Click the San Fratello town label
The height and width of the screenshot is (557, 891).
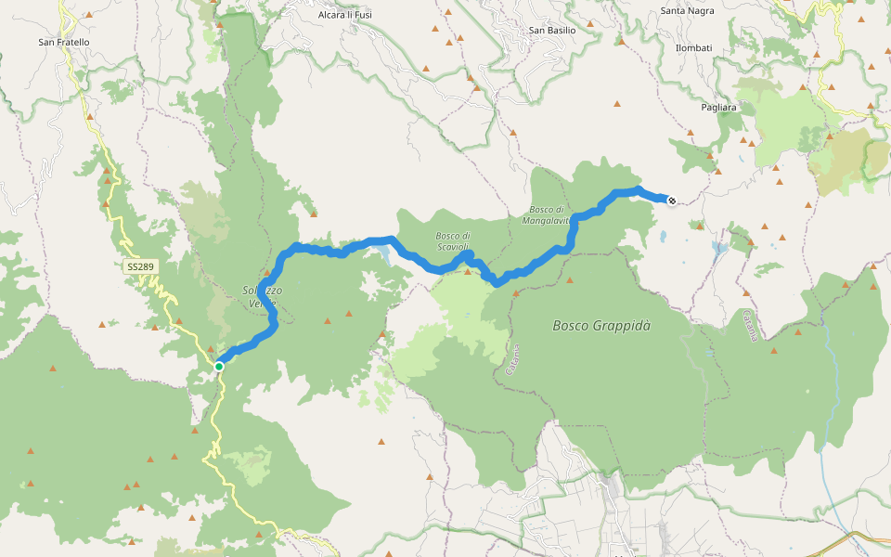tap(64, 42)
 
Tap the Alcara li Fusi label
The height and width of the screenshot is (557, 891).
tap(344, 15)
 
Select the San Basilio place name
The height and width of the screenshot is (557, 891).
tap(552, 30)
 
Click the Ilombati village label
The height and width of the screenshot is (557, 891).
tap(693, 47)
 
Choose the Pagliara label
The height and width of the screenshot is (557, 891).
tap(718, 108)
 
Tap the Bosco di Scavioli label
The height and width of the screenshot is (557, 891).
tap(454, 240)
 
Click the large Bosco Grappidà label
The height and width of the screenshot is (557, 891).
tap(601, 326)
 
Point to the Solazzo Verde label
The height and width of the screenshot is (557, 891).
tap(262, 295)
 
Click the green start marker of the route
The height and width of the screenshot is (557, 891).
tap(219, 367)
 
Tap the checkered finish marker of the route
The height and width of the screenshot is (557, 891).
tap(671, 200)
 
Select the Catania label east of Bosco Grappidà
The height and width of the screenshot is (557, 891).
tap(750, 325)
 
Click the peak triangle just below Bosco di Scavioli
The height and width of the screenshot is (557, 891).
tap(467, 271)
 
